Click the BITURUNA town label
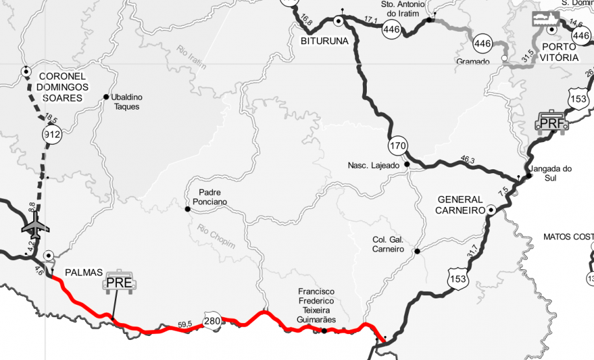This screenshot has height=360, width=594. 325,41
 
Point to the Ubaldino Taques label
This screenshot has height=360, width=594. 127,102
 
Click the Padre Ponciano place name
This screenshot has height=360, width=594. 210,197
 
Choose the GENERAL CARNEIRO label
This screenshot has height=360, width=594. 460,205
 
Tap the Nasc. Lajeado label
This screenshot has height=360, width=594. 373,165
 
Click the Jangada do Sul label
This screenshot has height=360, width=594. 550,173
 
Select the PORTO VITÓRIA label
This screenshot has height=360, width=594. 560,52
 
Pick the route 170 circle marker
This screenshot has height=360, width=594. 398,143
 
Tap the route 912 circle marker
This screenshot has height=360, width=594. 51,134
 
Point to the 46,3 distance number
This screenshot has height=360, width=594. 467,160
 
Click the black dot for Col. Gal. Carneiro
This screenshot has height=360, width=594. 417,251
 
